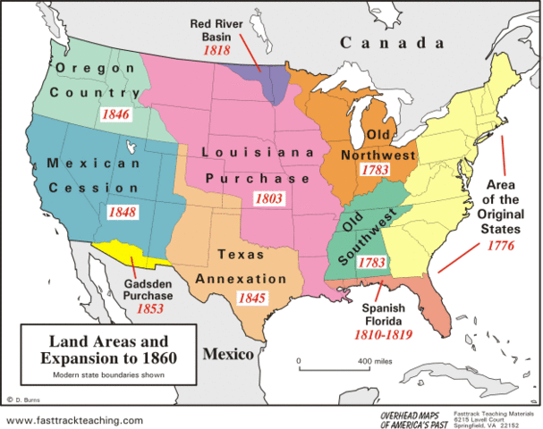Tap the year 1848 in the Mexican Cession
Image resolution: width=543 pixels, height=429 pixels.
click(122, 213)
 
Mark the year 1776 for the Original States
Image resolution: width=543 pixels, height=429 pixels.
click(500, 245)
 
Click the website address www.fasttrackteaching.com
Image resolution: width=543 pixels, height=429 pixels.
click(75, 419)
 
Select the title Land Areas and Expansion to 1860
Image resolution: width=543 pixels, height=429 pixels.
click(100, 349)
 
